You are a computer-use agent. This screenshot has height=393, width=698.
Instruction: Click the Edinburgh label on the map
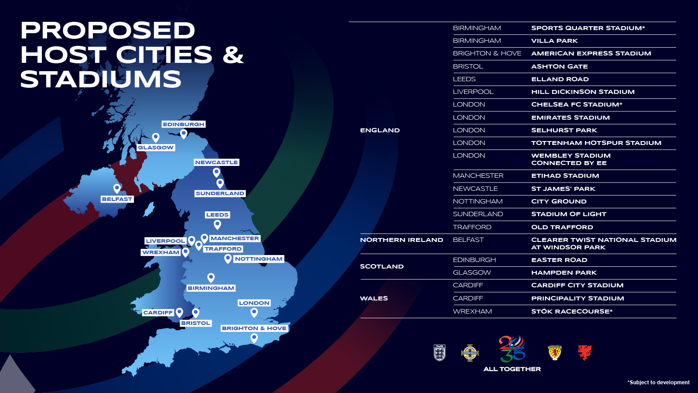click(183, 124)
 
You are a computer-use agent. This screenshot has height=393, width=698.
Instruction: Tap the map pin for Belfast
click(117, 188)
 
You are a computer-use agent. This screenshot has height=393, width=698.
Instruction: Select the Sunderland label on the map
click(220, 193)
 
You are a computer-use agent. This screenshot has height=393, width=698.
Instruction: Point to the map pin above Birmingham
click(211, 277)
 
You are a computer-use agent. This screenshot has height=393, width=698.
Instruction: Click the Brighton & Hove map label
click(254, 328)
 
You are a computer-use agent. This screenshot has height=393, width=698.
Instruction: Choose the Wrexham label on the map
click(161, 252)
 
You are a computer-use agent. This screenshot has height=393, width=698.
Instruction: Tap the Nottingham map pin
click(228, 259)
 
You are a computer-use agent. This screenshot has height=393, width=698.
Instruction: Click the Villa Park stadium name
click(554, 41)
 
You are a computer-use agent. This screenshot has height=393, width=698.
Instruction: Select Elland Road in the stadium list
click(560, 79)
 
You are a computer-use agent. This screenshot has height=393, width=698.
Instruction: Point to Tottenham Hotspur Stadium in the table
click(596, 143)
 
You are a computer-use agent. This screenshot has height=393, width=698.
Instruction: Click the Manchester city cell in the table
click(478, 176)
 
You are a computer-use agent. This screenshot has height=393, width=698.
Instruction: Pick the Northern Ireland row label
click(401, 240)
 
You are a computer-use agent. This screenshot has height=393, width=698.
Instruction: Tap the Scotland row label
click(382, 266)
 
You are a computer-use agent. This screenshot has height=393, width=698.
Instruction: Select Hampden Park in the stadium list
click(564, 272)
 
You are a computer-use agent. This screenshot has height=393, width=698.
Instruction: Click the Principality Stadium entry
click(578, 298)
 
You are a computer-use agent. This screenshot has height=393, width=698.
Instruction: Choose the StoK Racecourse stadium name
click(571, 311)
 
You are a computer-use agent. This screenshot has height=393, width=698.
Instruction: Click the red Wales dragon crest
click(585, 352)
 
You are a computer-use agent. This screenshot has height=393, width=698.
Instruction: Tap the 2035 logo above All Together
click(512, 349)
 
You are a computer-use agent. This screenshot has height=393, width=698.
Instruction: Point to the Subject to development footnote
click(658, 383)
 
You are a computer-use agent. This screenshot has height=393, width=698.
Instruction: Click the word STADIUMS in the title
click(101, 79)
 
